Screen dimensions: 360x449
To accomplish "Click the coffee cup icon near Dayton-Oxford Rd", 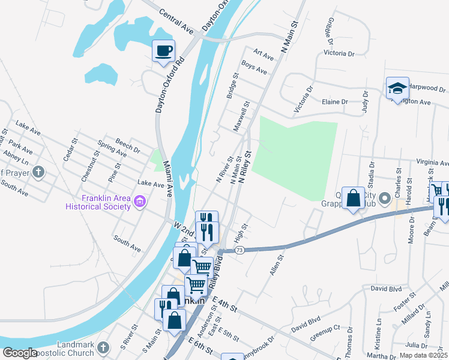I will tap(163, 50).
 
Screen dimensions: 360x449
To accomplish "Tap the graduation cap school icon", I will tap(397, 89).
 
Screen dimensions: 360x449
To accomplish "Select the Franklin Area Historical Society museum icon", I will tap(140, 201).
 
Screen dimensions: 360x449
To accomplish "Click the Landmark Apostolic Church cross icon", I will tap(103, 347).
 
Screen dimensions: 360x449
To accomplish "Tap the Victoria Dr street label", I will tap(304, 100).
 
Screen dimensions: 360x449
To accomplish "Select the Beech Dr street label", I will tap(127, 145).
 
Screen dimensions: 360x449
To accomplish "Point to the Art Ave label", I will tap(264, 55).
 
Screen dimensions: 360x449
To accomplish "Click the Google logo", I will tap(20, 353).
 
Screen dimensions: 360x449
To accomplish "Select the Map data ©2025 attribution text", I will tap(423, 355).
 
